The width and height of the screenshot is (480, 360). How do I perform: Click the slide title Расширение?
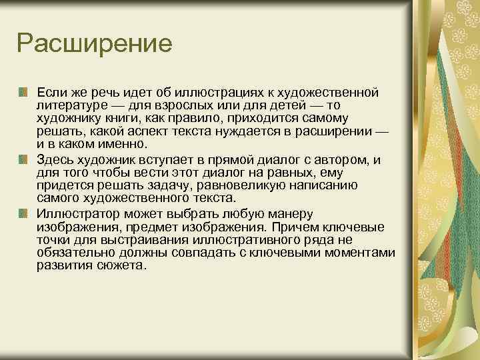point(95,45)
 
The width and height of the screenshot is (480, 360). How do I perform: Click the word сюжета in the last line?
point(122,267)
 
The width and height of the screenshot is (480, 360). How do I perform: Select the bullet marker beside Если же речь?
point(23,91)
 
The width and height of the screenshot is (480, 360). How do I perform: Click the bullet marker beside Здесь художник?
point(23,159)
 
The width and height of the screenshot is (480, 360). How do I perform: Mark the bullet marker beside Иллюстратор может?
point(23,213)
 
